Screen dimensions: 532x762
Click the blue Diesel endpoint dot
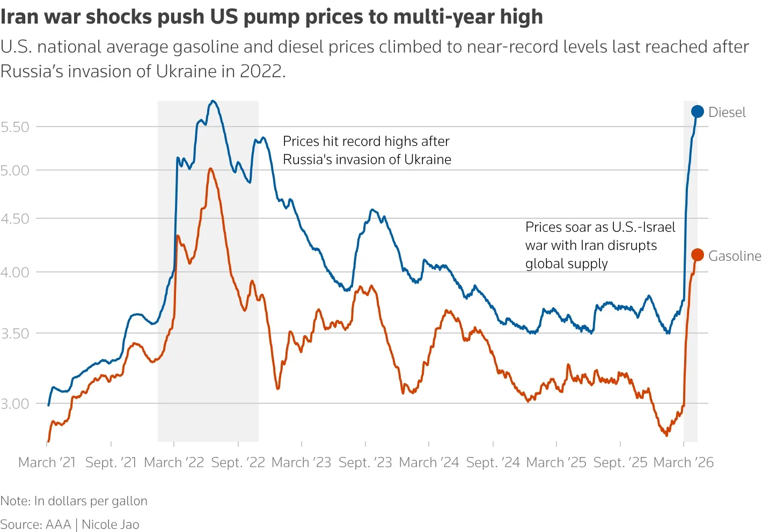tap(697, 112)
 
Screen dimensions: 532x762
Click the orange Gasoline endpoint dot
tap(697, 255)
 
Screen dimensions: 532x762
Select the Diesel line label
tap(727, 112)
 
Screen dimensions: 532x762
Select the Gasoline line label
tap(734, 256)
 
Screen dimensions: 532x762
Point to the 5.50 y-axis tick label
tap(15, 127)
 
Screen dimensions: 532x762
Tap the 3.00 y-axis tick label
tap(15, 404)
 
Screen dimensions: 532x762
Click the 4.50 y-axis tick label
tap(15, 219)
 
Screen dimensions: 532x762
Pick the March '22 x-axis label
tap(174, 462)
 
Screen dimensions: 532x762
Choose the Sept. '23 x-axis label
tap(365, 462)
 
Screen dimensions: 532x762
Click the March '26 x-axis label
tap(683, 462)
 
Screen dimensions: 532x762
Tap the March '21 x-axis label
tap(47, 462)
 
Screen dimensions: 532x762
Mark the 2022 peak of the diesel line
tap(213, 101)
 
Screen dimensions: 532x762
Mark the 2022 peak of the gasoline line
tap(210, 168)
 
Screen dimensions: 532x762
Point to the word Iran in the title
tap(20, 17)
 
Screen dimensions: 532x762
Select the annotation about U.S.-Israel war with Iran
tap(599, 245)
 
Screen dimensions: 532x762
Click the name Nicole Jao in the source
tap(111, 524)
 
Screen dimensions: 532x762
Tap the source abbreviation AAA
tap(58, 524)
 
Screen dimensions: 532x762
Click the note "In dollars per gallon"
tap(91, 500)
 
